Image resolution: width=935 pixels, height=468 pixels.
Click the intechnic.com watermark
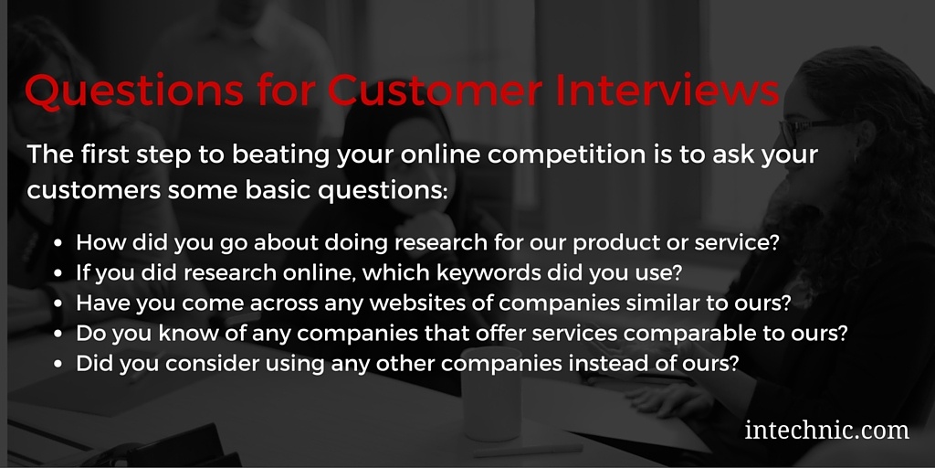pyautogui.click(x=827, y=429)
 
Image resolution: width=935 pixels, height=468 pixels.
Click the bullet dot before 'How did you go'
pyautogui.click(x=59, y=244)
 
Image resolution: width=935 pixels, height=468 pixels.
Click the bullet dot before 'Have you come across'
pyautogui.click(x=59, y=304)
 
